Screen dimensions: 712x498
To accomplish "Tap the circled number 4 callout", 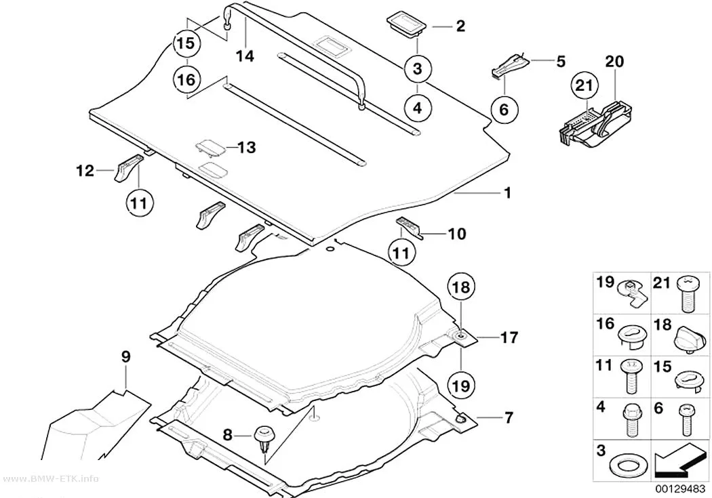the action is (417, 108).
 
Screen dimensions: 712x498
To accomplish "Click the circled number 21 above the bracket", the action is (585, 86).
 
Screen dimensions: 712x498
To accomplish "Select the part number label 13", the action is (247, 148).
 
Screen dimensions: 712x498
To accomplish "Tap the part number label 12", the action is (85, 171).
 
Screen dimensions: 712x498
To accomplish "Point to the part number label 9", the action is (125, 357).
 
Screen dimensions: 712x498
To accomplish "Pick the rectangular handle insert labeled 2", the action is (406, 25).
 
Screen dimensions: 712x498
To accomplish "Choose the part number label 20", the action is (614, 62).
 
